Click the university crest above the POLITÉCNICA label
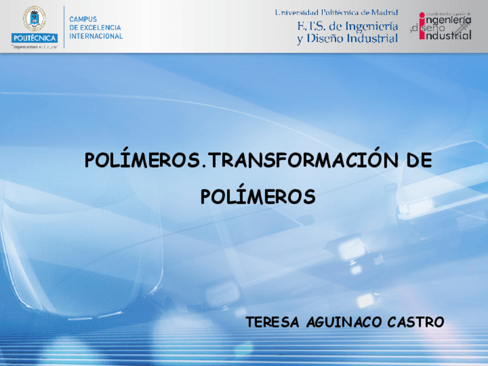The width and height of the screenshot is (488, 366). (x=34, y=19)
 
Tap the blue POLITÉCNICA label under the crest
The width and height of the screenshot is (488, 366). (x=34, y=38)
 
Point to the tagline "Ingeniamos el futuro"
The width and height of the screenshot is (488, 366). (x=35, y=47)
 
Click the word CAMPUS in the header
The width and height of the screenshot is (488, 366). (x=83, y=19)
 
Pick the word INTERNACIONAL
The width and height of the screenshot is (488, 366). (x=96, y=36)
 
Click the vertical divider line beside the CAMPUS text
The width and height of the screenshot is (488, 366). (x=63, y=26)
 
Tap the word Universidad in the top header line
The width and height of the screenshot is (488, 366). (x=298, y=12)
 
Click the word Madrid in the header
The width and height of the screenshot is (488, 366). (x=384, y=12)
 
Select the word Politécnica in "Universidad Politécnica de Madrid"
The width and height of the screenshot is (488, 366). (x=340, y=12)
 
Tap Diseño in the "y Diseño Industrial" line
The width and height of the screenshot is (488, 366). (x=328, y=39)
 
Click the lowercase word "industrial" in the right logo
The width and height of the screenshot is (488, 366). (x=448, y=35)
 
